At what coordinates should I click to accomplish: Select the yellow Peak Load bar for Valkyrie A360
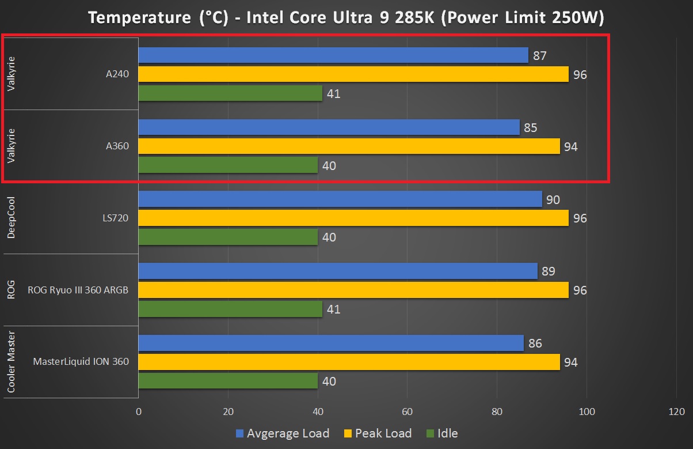coord(349,146)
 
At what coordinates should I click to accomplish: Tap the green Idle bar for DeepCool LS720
coord(228,237)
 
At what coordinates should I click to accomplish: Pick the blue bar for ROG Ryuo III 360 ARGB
coord(337,271)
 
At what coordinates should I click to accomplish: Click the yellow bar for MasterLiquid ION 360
coord(349,362)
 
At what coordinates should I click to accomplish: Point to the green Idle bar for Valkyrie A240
coord(230,93)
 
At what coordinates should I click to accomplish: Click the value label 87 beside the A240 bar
coord(539,56)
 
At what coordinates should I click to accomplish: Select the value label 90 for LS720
coord(553,199)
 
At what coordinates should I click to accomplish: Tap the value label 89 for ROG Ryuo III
coord(549,271)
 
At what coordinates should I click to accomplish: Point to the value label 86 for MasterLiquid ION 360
coord(535,344)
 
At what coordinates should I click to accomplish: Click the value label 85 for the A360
coord(531,127)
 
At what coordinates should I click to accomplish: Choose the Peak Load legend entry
coord(378,433)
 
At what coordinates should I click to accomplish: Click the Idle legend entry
coord(441,433)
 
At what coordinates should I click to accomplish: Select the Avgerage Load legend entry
coord(282,433)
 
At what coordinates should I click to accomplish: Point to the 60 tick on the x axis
coord(407,412)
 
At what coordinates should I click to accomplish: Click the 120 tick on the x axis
coord(676,412)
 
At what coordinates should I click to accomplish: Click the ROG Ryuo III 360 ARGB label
coord(78,290)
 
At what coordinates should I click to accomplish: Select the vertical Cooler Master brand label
coord(11,362)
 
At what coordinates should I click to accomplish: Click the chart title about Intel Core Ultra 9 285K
coord(346,18)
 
